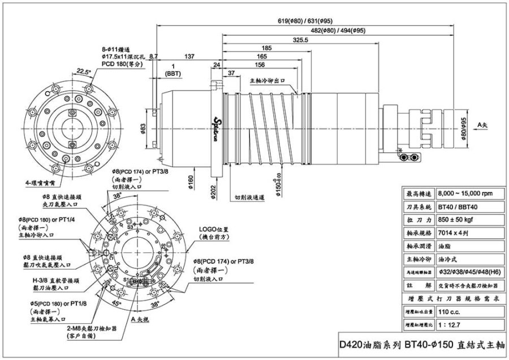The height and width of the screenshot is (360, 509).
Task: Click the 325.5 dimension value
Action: pos(300,40)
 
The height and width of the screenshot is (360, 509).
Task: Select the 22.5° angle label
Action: pos(84,72)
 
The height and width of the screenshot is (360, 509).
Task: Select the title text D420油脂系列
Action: pos(370,344)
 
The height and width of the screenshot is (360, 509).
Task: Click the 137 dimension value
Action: pos(189,57)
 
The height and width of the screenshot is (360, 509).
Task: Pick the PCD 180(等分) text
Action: pos(122,65)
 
